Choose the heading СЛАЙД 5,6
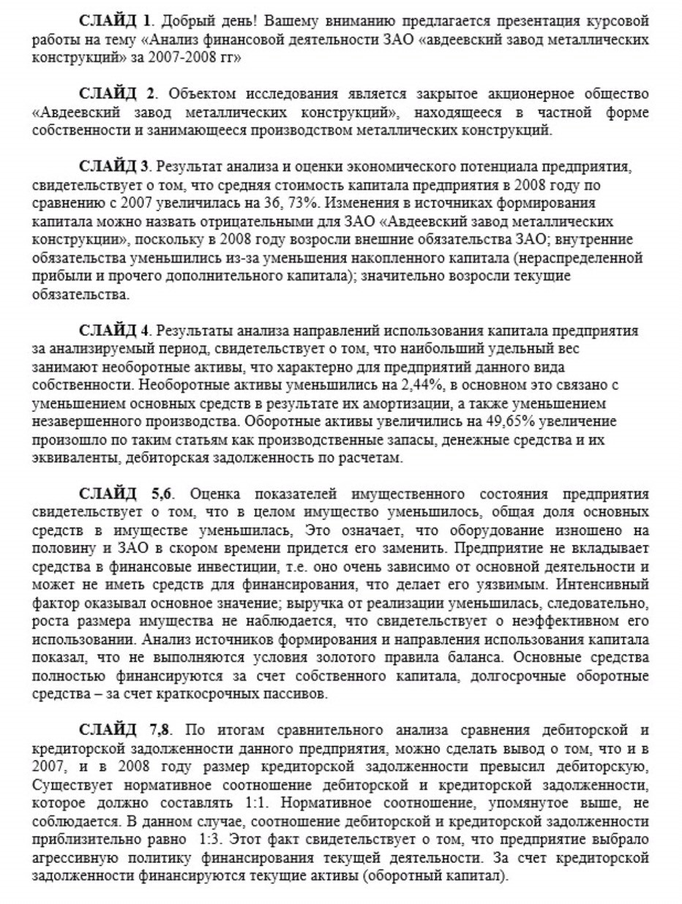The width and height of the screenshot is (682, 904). [124, 491]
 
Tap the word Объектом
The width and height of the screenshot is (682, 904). [198, 95]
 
